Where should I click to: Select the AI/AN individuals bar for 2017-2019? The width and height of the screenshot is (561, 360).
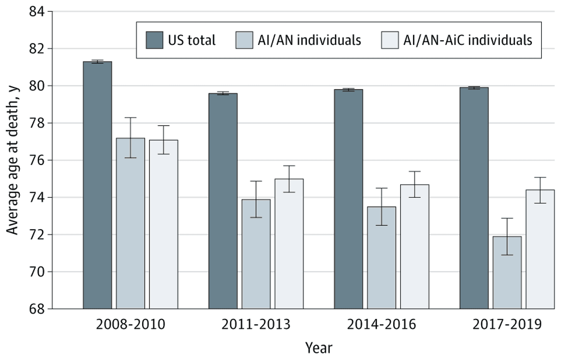507,272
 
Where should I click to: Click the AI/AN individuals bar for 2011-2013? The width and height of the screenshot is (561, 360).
256,254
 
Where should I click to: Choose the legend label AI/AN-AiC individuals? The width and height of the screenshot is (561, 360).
467,40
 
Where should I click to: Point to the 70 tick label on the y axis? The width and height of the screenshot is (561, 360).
39,272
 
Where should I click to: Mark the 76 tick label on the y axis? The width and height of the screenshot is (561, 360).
39,160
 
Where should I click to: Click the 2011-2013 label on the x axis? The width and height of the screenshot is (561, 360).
256,324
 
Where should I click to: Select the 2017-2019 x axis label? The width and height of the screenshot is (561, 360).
507,324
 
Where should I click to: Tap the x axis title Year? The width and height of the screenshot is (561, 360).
319,347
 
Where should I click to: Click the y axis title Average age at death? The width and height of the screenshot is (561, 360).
13,160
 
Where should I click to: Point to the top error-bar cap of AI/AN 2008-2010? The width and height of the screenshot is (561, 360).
130,118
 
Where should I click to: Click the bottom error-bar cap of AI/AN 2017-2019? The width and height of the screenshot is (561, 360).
507,255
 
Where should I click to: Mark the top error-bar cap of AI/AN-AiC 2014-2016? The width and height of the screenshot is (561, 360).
415,171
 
